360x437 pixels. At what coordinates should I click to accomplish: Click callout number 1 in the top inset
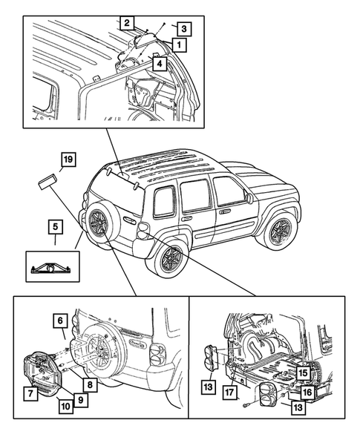pos(179,44)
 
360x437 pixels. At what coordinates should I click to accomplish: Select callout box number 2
pos(127,22)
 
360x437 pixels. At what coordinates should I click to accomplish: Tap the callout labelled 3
pos(184,29)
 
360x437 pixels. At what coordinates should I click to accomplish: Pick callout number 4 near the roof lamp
pos(160,64)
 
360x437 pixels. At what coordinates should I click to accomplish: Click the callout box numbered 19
pos(68,160)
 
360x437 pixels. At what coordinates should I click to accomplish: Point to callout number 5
pos(55,226)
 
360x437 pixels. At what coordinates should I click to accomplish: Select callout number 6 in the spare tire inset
pos(60,321)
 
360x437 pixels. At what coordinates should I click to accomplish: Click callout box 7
pos(30,394)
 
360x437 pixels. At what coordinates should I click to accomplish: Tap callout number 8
pos(90,385)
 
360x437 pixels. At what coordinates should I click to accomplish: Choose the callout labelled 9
pos(81,400)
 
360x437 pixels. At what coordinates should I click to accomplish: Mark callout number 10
pos(66,406)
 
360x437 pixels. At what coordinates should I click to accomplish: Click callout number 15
pos(303,372)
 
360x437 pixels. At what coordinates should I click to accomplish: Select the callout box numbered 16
pos(307,392)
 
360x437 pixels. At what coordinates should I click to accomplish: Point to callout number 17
pos(229,392)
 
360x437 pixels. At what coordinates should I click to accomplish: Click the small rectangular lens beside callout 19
pos(47,181)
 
